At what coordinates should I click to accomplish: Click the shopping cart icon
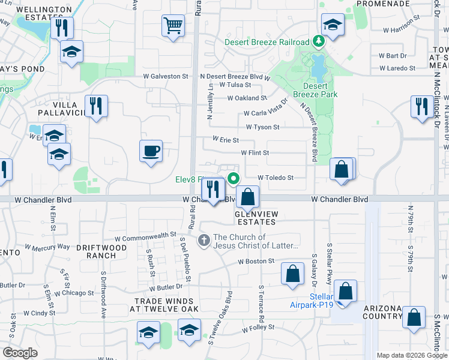[x=173, y=26]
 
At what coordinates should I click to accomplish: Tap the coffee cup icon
[x=151, y=151]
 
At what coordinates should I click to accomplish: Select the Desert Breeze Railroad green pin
[x=319, y=42]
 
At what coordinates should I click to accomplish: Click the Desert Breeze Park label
[x=315, y=90]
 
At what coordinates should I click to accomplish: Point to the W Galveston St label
[x=166, y=76]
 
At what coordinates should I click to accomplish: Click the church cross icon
[x=204, y=241]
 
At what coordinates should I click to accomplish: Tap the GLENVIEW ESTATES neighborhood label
[x=255, y=217]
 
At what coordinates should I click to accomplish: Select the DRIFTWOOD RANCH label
[x=101, y=251]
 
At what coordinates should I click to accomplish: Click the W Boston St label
[x=256, y=262]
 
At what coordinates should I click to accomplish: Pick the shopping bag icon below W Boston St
[x=292, y=274]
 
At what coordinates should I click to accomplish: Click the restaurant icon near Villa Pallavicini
[x=96, y=106]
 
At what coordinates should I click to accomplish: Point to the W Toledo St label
[x=276, y=178]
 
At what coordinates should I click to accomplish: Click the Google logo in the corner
[x=20, y=353]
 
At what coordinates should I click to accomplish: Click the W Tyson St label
[x=262, y=127]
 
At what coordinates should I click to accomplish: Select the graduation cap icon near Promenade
[x=332, y=25]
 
